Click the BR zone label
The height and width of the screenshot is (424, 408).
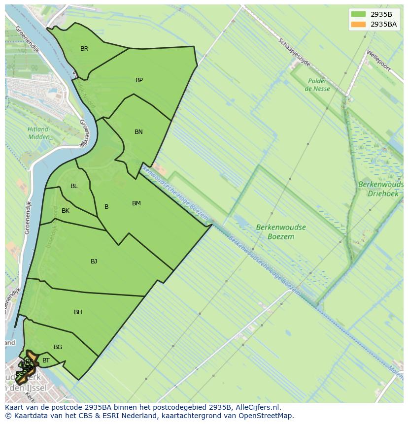coord(84,49)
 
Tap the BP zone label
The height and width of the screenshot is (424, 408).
coord(139,80)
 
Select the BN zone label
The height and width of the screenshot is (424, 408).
coord(138,132)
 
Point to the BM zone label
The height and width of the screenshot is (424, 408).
coord(136,203)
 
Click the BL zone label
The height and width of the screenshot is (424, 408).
coord(74,186)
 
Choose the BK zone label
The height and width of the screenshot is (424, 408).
coord(66,211)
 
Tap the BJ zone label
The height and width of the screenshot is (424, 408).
coord(94,261)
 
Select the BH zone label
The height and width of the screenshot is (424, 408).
coord(78,312)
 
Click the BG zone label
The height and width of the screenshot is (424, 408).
coord(58,347)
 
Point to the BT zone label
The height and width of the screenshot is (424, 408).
coord(46,360)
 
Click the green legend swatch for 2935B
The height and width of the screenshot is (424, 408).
coord(359,14)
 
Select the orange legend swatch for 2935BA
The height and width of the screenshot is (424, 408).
coord(359,24)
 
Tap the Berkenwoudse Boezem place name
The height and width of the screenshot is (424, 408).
coord(281,232)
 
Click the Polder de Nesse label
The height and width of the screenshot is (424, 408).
coord(317,85)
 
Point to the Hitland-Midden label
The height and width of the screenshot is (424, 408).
coord(38,133)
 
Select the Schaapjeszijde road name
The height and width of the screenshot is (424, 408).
coord(295,53)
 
